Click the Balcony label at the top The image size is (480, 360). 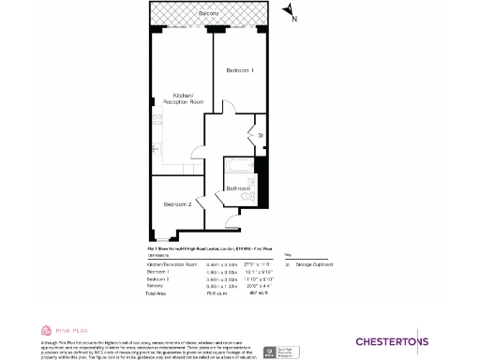[209, 14]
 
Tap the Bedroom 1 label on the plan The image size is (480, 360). [239, 71]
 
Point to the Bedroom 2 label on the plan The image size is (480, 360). [177, 204]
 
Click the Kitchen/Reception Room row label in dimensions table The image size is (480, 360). [172, 265]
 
